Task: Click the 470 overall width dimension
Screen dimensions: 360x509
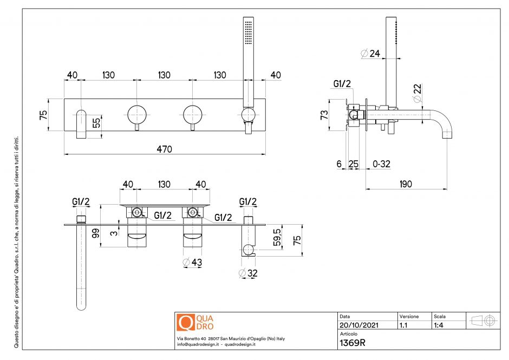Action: tap(165, 149)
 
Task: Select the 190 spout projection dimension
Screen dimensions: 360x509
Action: tap(406, 184)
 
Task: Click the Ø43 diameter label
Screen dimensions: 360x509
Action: tap(193, 263)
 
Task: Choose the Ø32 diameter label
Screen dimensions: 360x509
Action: tap(248, 273)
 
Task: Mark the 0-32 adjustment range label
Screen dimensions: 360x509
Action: tap(381, 163)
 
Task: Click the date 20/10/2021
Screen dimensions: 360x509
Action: tap(358, 325)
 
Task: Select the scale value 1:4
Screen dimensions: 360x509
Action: tap(440, 325)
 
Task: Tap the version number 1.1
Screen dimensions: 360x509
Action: tap(403, 325)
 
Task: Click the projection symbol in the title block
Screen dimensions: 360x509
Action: tap(484, 320)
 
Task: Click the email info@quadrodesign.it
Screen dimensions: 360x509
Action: tap(198, 344)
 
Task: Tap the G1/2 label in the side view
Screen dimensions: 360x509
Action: tap(342, 84)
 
